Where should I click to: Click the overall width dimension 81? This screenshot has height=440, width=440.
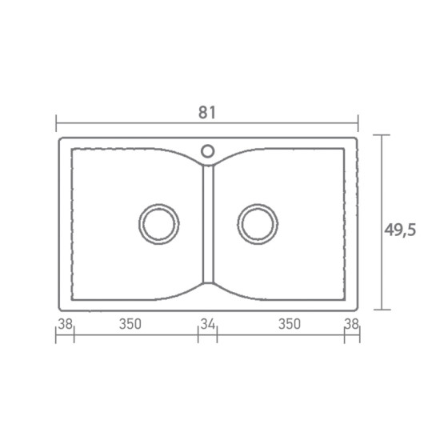[x=207, y=113]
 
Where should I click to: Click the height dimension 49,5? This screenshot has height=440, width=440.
[x=400, y=230]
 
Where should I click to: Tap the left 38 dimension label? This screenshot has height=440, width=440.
[x=66, y=324]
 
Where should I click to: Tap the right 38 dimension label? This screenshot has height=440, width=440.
[x=352, y=324]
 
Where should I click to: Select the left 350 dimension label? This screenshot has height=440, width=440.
[x=130, y=324]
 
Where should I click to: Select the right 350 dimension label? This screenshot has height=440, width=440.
[x=290, y=324]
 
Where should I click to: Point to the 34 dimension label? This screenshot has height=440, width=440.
[x=208, y=324]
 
